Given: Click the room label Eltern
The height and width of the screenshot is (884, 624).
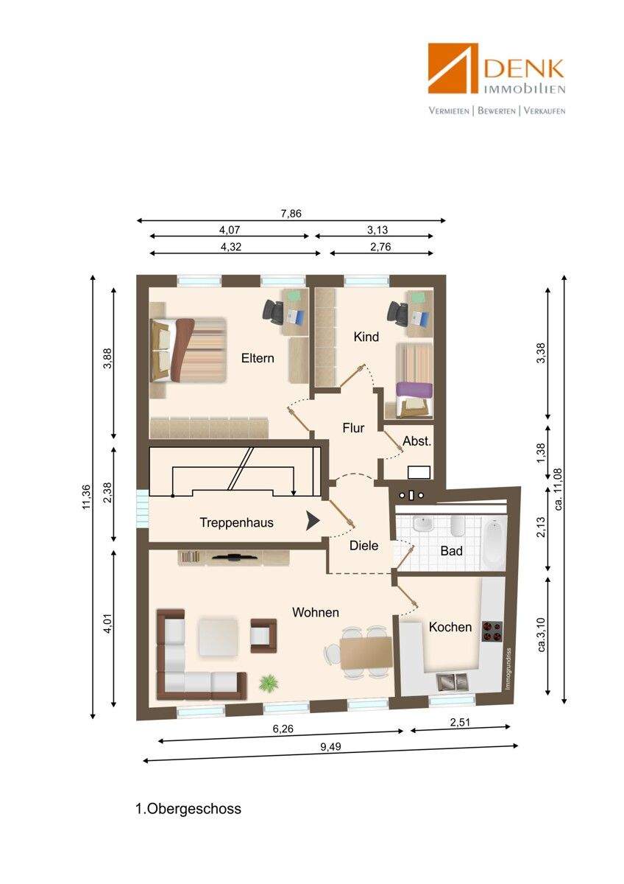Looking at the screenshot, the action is [x=258, y=358].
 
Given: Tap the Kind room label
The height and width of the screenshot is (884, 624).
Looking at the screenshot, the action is [x=366, y=337].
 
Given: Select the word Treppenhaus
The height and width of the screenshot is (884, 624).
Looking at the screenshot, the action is [x=236, y=522].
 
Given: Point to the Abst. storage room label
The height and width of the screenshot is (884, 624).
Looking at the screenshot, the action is [x=416, y=441].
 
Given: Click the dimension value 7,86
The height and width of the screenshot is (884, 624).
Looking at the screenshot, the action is [x=291, y=214].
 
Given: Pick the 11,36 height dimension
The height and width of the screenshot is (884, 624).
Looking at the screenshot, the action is [x=86, y=497].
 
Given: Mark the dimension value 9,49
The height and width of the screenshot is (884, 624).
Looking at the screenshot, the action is [x=330, y=747].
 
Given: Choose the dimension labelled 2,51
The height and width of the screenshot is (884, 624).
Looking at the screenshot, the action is [x=460, y=723].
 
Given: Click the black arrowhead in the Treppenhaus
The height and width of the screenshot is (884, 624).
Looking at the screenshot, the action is [x=313, y=522].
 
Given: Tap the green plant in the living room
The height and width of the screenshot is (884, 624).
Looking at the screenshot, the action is [x=269, y=683].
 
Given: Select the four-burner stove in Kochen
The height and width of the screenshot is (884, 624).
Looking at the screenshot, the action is [x=492, y=631].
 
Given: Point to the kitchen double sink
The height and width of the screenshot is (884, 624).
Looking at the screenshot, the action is [x=452, y=682].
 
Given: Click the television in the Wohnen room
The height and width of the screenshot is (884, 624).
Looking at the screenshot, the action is [x=235, y=557].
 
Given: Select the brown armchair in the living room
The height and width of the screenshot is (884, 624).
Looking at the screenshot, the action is [x=263, y=636].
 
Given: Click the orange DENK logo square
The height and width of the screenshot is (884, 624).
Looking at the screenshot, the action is [x=453, y=68].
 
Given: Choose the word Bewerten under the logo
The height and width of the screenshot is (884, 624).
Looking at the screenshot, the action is [x=496, y=111].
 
